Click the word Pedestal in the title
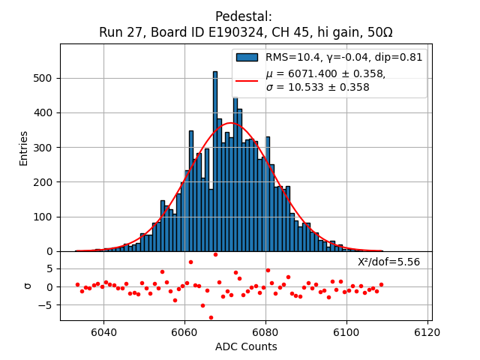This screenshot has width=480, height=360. pos(244,16)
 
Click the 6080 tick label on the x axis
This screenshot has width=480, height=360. pos(265,331)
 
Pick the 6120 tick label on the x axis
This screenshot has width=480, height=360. pos(428,331)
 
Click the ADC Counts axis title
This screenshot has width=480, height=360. pos(245,346)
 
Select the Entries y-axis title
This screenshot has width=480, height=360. pos(24,148)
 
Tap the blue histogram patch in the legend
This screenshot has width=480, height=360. pos(247,57)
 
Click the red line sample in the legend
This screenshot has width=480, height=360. pos(247,80)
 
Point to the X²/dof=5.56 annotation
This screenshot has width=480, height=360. pos(388,262)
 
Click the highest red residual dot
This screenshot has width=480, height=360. pos(215,254)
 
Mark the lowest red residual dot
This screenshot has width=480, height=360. pos(211,317)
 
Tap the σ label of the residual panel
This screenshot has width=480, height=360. pos(28,286)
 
